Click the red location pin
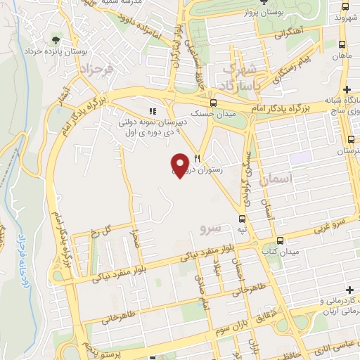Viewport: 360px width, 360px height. pos(181,165)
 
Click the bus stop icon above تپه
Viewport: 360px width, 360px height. pos(243,219)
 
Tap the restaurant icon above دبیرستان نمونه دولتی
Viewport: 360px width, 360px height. pos(152,110)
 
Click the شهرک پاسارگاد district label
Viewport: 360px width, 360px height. pos(239,77)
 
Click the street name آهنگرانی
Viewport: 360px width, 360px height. pos(290,32)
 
